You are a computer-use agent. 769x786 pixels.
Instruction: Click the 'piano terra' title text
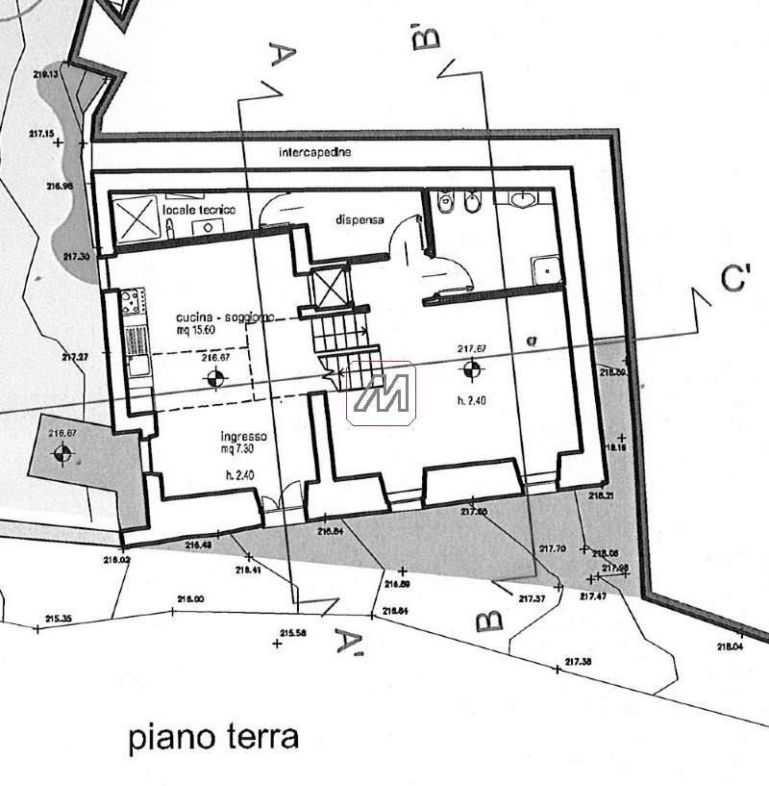point(213,738)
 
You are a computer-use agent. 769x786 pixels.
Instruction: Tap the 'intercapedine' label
point(314,152)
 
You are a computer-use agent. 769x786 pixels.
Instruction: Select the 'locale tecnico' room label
point(199,209)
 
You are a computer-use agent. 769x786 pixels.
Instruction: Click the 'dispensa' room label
point(360,219)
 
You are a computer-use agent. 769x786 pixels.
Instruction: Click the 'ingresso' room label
point(242,436)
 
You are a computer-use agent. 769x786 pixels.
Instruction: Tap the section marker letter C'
point(735,280)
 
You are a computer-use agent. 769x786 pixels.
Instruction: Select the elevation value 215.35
point(58,619)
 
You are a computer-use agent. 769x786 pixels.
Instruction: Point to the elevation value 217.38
point(578,661)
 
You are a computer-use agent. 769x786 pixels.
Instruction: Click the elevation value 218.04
point(730,647)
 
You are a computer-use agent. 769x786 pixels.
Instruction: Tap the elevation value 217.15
point(42,134)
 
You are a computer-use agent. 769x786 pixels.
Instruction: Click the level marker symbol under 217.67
point(471,368)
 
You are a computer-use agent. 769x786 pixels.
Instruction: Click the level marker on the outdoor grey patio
point(63,454)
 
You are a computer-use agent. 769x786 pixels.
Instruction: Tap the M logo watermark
point(380,393)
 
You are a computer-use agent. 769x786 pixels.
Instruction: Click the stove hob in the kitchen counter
point(133,301)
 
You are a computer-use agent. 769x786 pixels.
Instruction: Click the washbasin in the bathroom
point(523,200)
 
